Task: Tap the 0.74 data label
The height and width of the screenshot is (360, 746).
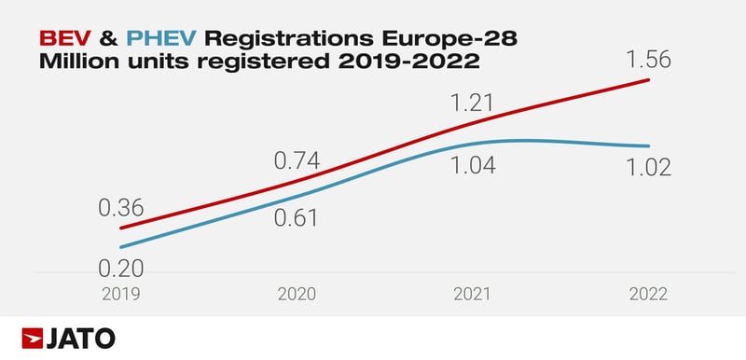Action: tap(297, 160)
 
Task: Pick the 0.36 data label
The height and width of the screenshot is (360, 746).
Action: tap(121, 208)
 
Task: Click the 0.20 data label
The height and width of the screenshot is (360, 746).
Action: tap(121, 269)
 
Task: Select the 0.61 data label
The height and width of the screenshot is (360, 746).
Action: tap(297, 218)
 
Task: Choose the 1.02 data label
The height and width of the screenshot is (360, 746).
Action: tap(646, 166)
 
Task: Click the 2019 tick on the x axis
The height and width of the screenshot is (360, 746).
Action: tap(121, 294)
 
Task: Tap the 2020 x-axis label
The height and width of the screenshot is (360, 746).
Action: tap(297, 294)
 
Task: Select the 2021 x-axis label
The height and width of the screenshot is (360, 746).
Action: tap(472, 294)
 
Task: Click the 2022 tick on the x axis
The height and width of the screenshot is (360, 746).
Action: tap(646, 294)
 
